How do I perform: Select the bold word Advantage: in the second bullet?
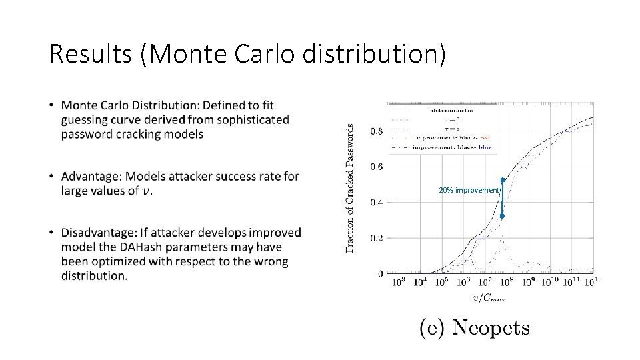click(x=91, y=176)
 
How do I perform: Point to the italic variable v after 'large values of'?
click(x=147, y=191)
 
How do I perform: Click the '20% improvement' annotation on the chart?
click(x=469, y=191)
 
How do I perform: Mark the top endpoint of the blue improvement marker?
click(x=502, y=180)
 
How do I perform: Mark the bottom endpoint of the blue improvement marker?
click(x=502, y=216)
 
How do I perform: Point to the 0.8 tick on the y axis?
click(x=377, y=131)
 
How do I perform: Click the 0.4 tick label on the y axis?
click(x=377, y=202)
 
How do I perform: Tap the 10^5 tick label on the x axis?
click(x=441, y=283)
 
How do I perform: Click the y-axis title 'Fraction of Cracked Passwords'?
click(x=350, y=188)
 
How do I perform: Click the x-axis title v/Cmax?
click(x=489, y=297)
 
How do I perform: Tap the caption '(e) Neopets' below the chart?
click(x=474, y=328)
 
